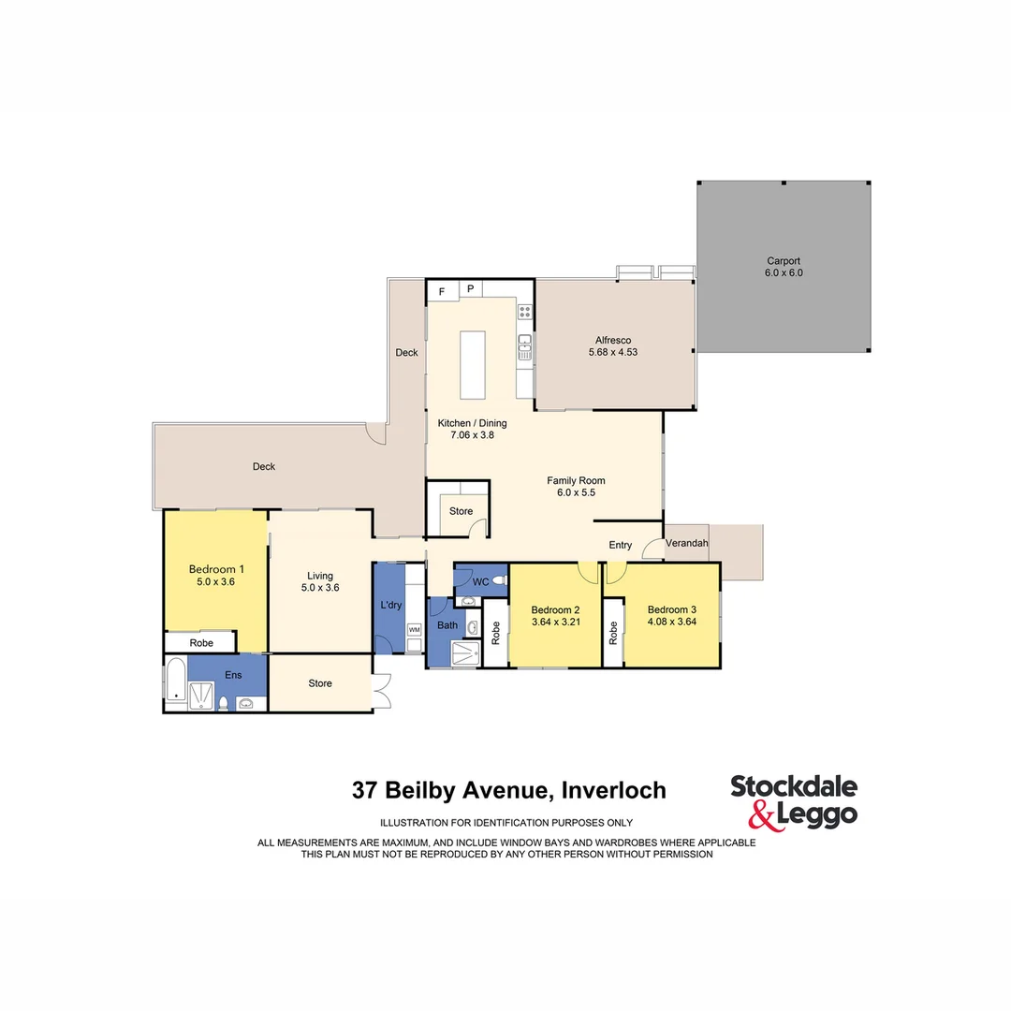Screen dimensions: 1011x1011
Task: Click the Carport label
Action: [784, 261]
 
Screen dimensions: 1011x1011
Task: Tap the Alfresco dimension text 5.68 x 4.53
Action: [613, 352]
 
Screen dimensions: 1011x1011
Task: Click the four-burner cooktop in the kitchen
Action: [525, 312]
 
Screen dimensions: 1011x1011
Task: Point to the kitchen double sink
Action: [525, 346]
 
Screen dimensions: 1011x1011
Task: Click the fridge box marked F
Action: [442, 290]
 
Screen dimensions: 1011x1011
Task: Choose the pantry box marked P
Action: [471, 289]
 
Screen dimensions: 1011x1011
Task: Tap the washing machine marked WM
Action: [414, 631]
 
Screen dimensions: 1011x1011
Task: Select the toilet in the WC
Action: [499, 581]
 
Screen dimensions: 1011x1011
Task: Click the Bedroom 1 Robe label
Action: [201, 643]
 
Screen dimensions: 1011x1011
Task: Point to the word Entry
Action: [621, 545]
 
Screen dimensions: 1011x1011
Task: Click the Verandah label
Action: [687, 544]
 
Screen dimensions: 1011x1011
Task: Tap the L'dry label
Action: [391, 606]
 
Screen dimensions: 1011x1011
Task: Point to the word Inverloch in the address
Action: [613, 790]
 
